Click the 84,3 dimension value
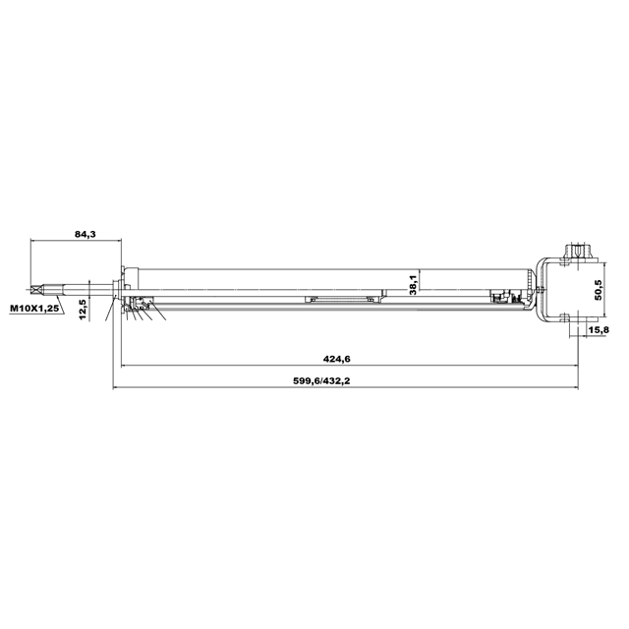(86, 234)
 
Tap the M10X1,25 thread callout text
(34, 309)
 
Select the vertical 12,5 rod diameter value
(84, 310)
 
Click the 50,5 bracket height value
(599, 290)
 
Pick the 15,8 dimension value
(599, 330)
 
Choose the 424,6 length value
(336, 359)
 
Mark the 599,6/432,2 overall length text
(321, 380)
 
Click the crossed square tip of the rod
(35, 288)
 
